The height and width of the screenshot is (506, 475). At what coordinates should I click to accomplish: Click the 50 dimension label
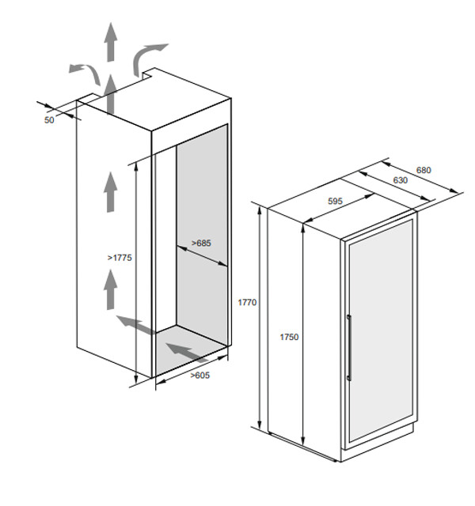pyautogui.click(x=49, y=120)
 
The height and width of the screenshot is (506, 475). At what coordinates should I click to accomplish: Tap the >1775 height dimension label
pyautogui.click(x=120, y=258)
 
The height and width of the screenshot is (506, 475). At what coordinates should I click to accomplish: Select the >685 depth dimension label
pyautogui.click(x=201, y=243)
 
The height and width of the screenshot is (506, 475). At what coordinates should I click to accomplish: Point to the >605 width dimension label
pyautogui.click(x=200, y=375)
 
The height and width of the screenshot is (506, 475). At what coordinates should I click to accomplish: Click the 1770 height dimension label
pyautogui.click(x=247, y=302)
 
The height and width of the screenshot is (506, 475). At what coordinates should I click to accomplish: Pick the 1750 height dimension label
pyautogui.click(x=289, y=337)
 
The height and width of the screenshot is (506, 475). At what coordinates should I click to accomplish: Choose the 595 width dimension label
pyautogui.click(x=335, y=201)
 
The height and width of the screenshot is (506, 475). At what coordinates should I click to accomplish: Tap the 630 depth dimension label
pyautogui.click(x=401, y=180)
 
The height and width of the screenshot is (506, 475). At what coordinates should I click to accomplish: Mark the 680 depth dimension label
pyautogui.click(x=424, y=170)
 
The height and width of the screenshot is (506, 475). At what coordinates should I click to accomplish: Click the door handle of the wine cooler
pyautogui.click(x=349, y=348)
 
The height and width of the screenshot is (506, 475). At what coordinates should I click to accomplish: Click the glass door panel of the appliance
pyautogui.click(x=381, y=331)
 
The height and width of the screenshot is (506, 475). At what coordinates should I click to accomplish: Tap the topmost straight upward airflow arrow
pyautogui.click(x=111, y=42)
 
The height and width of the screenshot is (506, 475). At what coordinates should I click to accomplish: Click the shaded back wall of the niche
pyautogui.click(x=202, y=234)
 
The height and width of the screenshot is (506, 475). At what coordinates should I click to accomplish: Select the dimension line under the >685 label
pyautogui.click(x=203, y=256)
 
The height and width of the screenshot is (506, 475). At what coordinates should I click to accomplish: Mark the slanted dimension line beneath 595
pyautogui.click(x=338, y=208)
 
